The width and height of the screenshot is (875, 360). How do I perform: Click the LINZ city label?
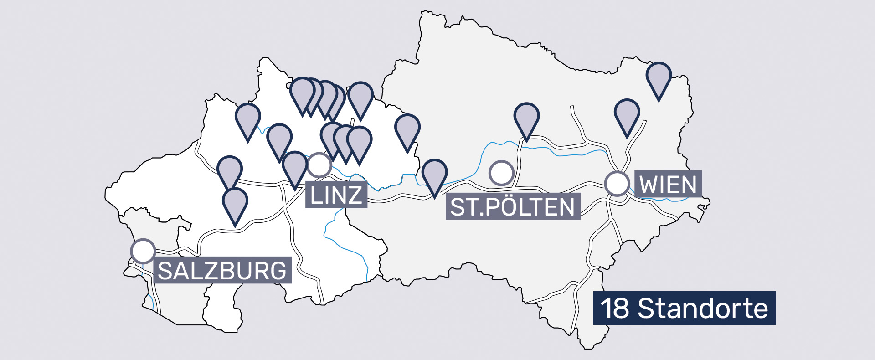[336, 195]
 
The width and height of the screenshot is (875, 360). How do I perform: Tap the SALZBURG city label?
[222, 271]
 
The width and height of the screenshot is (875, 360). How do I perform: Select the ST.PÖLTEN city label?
[512, 207]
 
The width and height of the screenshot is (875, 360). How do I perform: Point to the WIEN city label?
[668, 185]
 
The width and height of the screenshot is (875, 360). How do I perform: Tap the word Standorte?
[703, 309]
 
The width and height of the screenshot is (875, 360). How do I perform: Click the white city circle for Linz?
[319, 165]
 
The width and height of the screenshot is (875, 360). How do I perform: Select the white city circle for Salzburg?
[143, 251]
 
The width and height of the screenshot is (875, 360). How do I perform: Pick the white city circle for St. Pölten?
[501, 173]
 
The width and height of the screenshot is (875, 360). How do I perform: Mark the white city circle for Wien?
[617, 184]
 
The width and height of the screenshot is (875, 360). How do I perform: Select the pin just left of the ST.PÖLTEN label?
[434, 174]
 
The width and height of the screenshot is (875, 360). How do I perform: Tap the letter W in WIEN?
[649, 185]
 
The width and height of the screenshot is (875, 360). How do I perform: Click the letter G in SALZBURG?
[276, 271]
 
